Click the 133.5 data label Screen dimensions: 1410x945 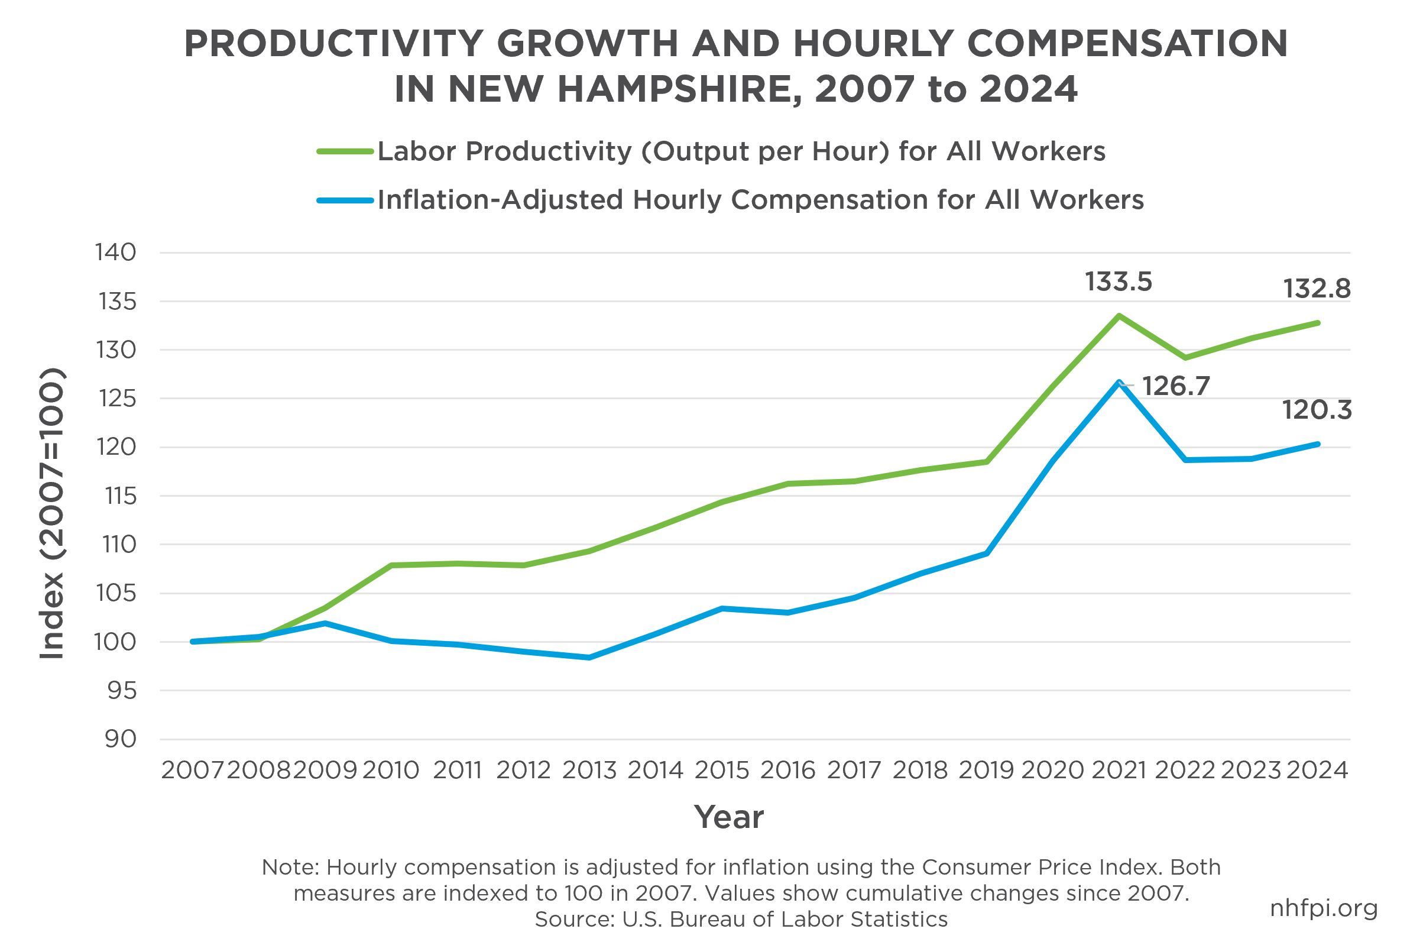point(1119,282)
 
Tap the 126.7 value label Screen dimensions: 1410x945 point(1176,386)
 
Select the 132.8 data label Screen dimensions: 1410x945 point(1317,289)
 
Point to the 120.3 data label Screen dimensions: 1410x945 point(1317,410)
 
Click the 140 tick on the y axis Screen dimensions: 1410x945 point(116,253)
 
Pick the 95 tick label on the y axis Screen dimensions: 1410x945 point(122,691)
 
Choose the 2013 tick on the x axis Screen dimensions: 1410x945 point(589,770)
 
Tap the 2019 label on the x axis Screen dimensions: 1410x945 point(986,770)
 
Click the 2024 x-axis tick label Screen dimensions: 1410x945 point(1317,770)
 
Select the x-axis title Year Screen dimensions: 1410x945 point(729,818)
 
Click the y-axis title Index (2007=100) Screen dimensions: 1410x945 point(52,513)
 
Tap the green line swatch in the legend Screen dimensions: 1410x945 point(345,151)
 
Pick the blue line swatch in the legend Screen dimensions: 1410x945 point(345,200)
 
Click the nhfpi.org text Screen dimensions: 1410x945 point(1324,908)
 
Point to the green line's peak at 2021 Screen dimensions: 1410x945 point(1119,316)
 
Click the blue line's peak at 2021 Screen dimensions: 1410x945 point(1119,382)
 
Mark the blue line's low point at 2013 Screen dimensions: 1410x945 point(589,658)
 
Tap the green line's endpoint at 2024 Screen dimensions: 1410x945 point(1318,323)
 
